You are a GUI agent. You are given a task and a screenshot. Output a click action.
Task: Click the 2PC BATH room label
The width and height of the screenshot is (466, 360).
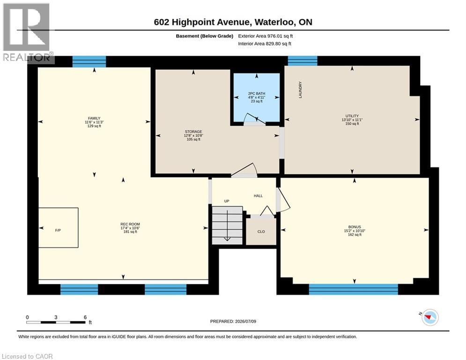pyautogui.click(x=257, y=93)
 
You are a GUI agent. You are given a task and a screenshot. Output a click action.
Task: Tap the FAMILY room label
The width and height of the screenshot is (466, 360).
pyautogui.click(x=94, y=118)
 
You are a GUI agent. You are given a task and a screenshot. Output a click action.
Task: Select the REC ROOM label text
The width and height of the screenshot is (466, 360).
pyautogui.click(x=130, y=224)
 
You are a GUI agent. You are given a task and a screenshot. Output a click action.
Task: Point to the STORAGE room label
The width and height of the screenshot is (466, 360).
pyautogui.click(x=193, y=132)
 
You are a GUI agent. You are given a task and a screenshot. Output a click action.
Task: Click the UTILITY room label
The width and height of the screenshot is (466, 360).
pyautogui.click(x=352, y=116)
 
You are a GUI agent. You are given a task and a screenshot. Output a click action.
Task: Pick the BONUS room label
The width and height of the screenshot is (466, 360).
pyautogui.click(x=355, y=227)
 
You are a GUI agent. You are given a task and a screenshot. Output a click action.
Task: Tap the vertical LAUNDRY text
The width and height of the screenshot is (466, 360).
pyautogui.click(x=300, y=90)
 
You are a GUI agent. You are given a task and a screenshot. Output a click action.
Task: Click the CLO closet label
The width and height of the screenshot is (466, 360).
pyautogui.click(x=261, y=232)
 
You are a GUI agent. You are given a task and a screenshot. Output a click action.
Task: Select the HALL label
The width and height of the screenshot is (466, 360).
pyautogui.click(x=258, y=196)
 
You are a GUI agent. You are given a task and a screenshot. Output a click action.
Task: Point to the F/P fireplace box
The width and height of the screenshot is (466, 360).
pyautogui.click(x=58, y=228)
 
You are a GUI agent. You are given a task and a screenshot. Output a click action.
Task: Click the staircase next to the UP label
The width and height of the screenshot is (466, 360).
pyautogui.click(x=227, y=225)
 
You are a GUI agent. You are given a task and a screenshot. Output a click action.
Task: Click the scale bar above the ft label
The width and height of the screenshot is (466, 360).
pyautogui.click(x=56, y=322)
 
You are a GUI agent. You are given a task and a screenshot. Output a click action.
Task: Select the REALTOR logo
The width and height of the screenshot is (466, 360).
pyautogui.click(x=27, y=32)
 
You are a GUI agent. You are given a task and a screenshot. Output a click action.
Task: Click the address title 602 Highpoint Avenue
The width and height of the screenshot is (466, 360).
pyautogui.click(x=201, y=22)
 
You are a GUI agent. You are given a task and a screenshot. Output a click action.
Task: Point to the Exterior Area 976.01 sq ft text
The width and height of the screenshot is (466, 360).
pyautogui.click(x=266, y=36)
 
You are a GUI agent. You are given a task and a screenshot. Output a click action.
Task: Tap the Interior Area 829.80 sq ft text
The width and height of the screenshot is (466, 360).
pyautogui.click(x=265, y=44)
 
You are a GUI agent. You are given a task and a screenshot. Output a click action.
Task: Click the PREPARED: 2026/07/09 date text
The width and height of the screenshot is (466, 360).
pyautogui.click(x=233, y=321)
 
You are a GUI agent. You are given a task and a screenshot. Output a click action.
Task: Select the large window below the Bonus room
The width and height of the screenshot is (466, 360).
pyautogui.click(x=353, y=289)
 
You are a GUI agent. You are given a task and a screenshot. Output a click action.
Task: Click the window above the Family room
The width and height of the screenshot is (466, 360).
pyautogui.click(x=89, y=61)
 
